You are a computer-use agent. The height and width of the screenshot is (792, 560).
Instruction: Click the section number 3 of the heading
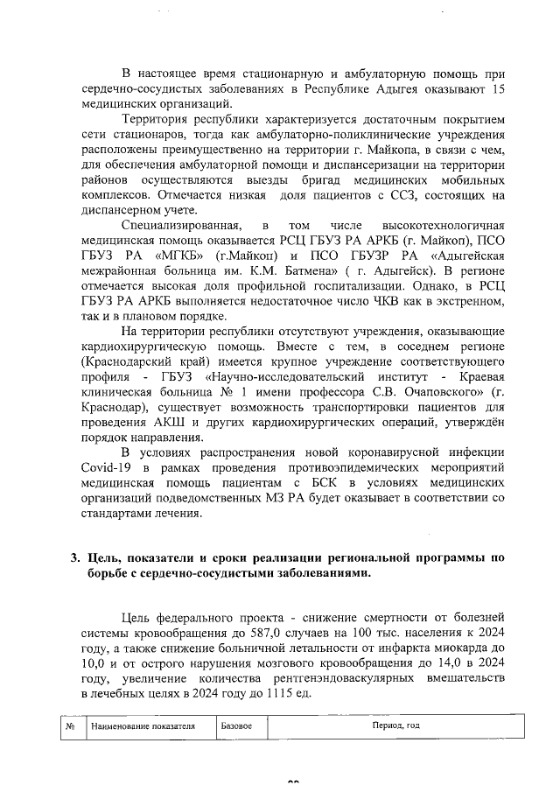(76, 558)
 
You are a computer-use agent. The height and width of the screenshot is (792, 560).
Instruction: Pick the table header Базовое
(236, 725)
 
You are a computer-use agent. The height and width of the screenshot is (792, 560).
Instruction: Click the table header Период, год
(395, 725)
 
